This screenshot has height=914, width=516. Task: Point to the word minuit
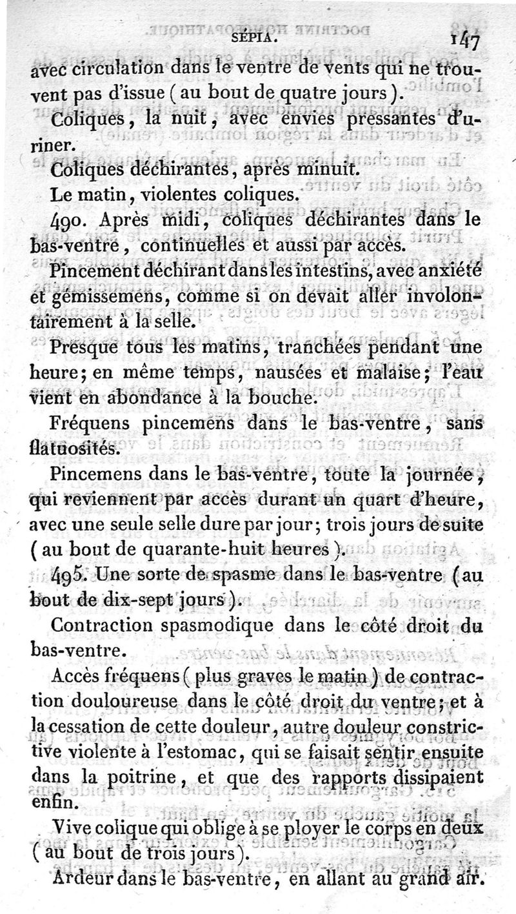point(321,169)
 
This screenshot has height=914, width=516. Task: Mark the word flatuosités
point(73,447)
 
